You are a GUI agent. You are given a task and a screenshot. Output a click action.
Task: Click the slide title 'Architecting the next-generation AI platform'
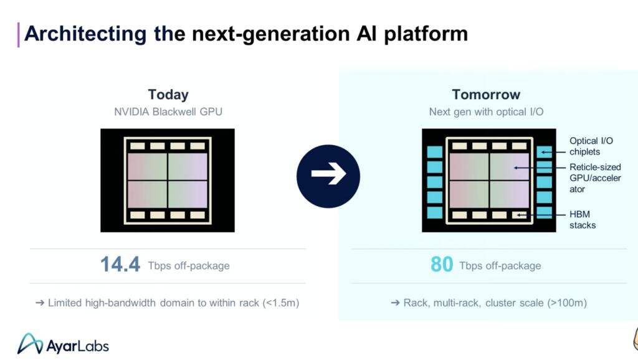click(245, 34)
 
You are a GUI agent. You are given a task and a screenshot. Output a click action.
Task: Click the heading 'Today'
click(168, 95)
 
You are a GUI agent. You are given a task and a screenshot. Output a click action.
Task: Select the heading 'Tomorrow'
click(486, 95)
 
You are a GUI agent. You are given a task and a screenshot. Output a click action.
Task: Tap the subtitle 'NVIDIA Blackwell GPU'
click(168, 112)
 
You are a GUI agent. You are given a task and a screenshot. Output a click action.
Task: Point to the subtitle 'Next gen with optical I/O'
click(486, 112)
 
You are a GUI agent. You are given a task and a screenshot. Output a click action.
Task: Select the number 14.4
click(120, 265)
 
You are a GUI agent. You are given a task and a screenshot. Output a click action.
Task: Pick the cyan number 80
click(442, 265)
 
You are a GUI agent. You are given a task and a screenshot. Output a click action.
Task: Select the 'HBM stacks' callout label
click(583, 219)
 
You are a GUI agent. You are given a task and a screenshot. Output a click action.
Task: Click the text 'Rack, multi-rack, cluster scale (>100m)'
click(488, 303)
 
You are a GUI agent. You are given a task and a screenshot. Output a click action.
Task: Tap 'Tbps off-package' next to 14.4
click(189, 266)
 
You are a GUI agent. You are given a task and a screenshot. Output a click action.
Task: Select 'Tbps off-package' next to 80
click(500, 266)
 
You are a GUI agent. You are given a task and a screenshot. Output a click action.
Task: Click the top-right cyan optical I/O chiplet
click(544, 152)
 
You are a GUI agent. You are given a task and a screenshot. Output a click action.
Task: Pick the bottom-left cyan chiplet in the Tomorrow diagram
click(435, 212)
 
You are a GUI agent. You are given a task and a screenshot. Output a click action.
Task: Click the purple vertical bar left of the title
click(19, 34)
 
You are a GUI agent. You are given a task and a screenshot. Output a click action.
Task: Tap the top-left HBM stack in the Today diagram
click(137, 146)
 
